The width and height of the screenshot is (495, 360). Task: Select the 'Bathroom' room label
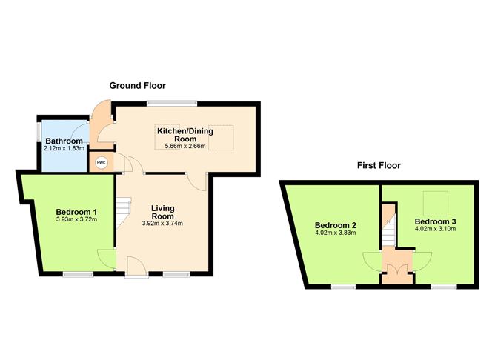[63, 141]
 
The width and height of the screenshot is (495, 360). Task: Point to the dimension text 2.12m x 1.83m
[63, 149]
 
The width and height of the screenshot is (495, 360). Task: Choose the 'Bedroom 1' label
[77, 213]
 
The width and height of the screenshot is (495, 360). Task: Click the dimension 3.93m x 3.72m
[77, 220]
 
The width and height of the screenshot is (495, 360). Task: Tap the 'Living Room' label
[162, 213]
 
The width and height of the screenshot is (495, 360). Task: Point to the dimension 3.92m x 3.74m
[162, 224]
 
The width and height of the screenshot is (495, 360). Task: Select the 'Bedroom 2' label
[336, 225]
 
